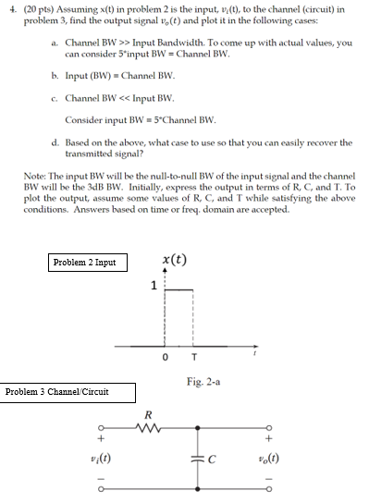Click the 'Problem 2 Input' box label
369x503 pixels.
(85, 262)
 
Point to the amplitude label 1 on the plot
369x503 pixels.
(154, 287)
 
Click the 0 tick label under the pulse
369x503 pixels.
(165, 358)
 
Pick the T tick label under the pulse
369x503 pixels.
(192, 358)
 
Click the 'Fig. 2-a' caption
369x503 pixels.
(201, 381)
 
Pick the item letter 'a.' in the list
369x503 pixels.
(56, 42)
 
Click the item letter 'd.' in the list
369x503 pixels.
(56, 142)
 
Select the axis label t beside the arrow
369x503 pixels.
(254, 352)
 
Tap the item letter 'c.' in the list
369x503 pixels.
(56, 98)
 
